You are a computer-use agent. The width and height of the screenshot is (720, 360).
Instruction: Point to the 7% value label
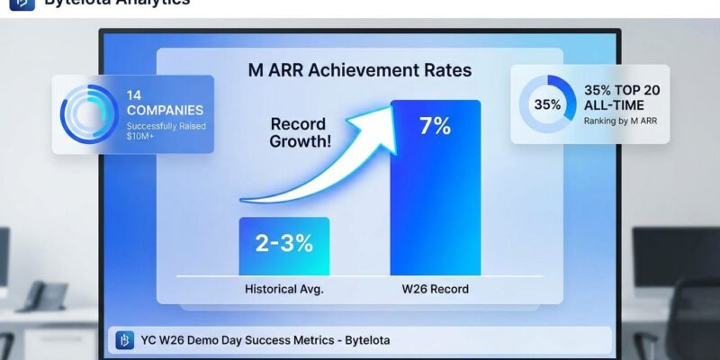click(435, 126)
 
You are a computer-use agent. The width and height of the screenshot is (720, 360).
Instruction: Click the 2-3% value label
click(283, 242)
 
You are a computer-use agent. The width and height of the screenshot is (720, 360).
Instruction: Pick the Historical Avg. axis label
click(283, 290)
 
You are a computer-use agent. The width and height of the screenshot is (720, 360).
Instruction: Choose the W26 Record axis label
click(436, 290)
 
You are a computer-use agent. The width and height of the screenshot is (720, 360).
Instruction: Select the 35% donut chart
click(548, 104)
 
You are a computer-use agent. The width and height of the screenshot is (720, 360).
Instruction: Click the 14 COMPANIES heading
click(164, 102)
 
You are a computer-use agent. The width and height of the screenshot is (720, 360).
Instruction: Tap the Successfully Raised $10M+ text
click(165, 133)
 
